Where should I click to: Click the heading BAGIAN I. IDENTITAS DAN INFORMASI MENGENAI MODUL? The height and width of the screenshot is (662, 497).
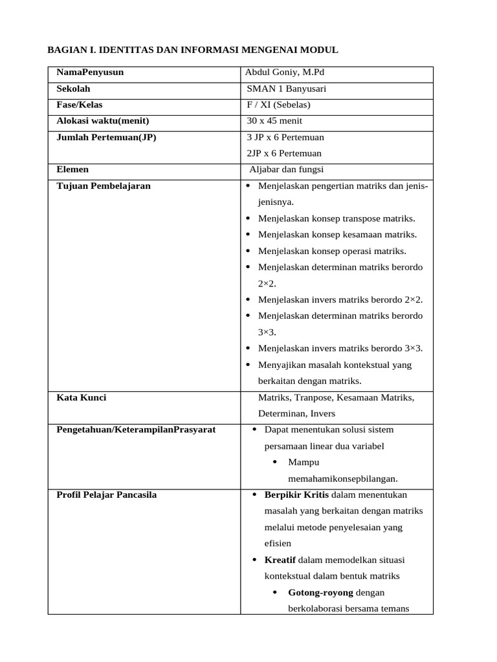click(x=193, y=50)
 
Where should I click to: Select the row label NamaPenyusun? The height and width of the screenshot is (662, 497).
click(x=90, y=72)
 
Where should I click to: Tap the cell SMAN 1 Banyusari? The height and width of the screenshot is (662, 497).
click(x=287, y=89)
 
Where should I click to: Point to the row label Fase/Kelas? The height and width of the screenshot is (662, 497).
click(x=80, y=105)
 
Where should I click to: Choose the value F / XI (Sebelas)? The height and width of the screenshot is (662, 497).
click(x=279, y=105)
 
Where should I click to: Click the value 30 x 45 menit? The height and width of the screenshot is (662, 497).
click(x=274, y=121)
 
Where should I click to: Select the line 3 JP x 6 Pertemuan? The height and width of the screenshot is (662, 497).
click(x=285, y=137)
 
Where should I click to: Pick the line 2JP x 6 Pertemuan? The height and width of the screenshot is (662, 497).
click(x=284, y=153)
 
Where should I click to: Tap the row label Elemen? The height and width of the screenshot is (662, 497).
click(x=73, y=169)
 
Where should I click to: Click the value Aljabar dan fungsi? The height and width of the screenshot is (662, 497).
click(x=287, y=170)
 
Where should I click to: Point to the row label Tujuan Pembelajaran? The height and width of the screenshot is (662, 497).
click(x=104, y=186)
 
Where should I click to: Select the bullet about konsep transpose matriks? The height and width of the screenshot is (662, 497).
click(x=337, y=219)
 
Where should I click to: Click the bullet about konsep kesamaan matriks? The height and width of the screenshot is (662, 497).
click(x=337, y=235)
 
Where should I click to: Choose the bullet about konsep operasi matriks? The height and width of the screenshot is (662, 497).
click(x=332, y=251)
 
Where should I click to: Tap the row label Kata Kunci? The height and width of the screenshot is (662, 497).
click(x=82, y=398)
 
